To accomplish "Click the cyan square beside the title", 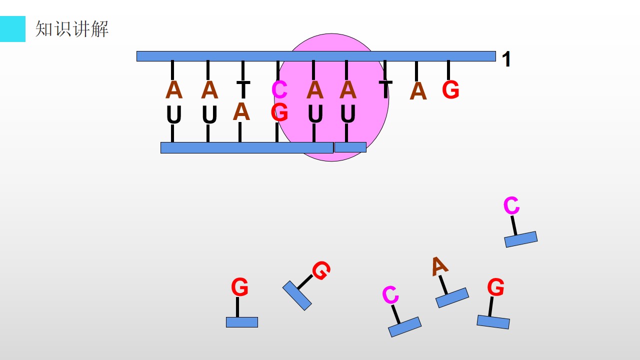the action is (12, 29).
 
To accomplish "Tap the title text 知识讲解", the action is (71, 29).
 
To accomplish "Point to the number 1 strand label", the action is (506, 59).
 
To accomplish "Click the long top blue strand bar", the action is (316, 56).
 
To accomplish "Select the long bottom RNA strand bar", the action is (247, 147).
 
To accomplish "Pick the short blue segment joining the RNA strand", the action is (350, 147).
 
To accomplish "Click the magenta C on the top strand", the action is (279, 89).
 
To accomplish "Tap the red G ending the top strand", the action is (450, 89).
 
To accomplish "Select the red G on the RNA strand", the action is (279, 112).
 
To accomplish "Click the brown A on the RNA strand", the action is (241, 111).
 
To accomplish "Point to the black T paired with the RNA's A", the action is (243, 89).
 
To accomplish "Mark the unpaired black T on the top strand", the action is (385, 89).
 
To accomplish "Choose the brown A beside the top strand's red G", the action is (418, 91).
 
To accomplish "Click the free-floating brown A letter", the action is (439, 266).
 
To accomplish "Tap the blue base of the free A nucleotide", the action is (452, 297).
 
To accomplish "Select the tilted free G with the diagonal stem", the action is (321, 270).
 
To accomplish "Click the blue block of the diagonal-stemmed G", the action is (297, 295).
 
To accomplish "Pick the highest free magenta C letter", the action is (511, 205).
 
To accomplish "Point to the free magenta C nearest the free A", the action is (390, 294).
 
